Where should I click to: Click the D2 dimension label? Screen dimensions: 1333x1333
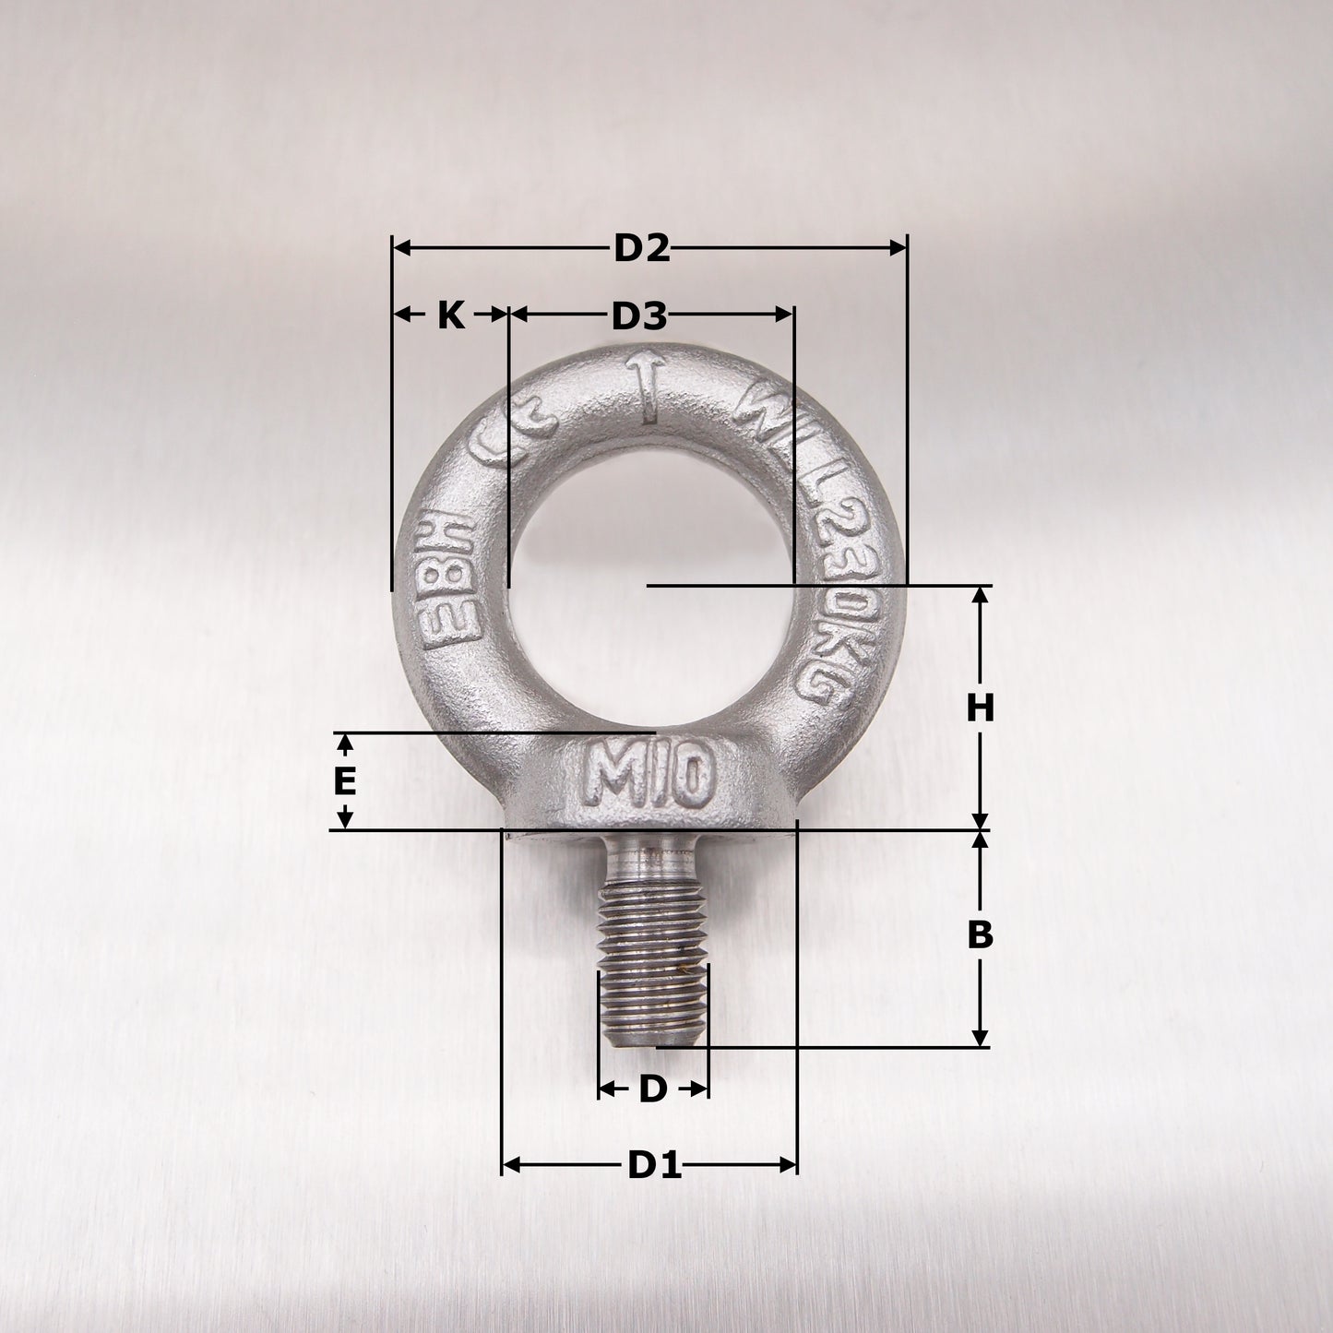(642, 248)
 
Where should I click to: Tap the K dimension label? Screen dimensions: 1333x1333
(450, 315)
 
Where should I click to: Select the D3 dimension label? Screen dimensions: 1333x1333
(638, 316)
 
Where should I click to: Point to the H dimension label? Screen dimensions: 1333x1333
(981, 708)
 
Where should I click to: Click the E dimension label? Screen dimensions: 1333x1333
(344, 782)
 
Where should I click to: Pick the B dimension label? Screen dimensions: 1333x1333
(980, 935)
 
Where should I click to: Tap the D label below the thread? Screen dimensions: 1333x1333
(652, 1089)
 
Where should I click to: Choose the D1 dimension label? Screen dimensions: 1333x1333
(654, 1166)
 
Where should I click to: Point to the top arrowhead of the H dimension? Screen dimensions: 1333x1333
(981, 594)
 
